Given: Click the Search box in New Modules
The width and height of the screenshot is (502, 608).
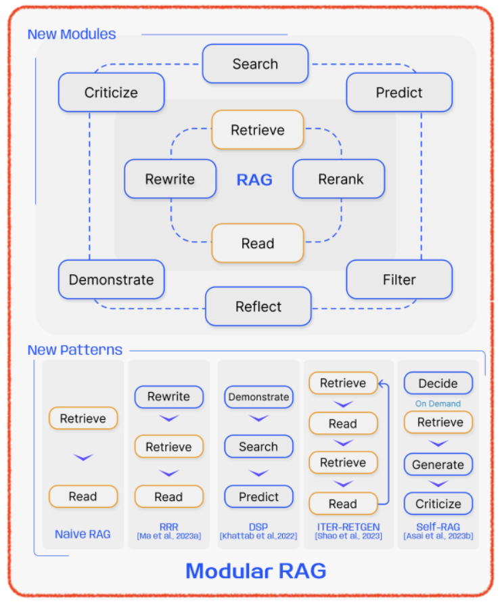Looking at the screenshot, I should (255, 64).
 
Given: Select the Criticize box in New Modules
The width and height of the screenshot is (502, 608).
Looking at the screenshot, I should (111, 93).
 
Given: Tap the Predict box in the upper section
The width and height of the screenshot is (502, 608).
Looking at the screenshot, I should (399, 93).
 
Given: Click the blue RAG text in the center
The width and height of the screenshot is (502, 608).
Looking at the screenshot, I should (254, 179).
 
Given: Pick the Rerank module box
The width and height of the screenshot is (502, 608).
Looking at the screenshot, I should (339, 179).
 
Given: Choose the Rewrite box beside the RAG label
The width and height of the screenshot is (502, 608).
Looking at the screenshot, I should (170, 179).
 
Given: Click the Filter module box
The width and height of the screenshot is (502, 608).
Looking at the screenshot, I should (399, 280).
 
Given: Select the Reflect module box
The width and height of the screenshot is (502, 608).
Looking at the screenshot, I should (258, 307).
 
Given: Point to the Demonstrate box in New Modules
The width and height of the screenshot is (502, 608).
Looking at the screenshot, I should (111, 280).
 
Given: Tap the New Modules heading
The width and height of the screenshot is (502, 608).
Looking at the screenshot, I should (72, 34).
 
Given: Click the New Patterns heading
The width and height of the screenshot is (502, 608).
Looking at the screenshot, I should (75, 350).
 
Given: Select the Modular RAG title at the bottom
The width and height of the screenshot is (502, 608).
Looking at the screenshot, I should (256, 571).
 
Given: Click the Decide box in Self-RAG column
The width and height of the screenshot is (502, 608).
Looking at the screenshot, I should (438, 383).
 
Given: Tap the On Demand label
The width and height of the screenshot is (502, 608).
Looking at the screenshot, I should (438, 404).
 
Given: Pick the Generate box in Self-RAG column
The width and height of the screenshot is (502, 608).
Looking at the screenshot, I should (438, 465).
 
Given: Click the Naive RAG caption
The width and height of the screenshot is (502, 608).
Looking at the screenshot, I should (83, 534).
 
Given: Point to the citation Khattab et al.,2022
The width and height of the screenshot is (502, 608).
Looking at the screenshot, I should (258, 536).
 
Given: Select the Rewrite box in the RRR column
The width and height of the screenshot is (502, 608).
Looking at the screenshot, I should (168, 397).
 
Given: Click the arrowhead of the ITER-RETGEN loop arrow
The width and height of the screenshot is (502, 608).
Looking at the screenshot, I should (381, 384).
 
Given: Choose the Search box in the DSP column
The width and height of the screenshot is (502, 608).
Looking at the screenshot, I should (258, 447).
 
